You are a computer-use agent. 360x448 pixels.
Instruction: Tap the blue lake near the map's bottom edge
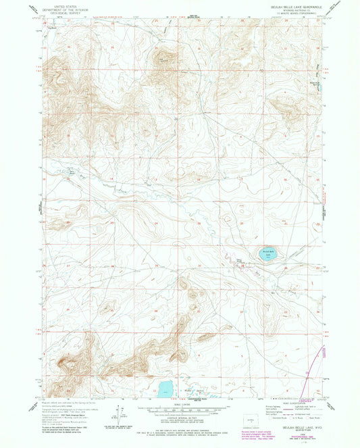165,388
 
